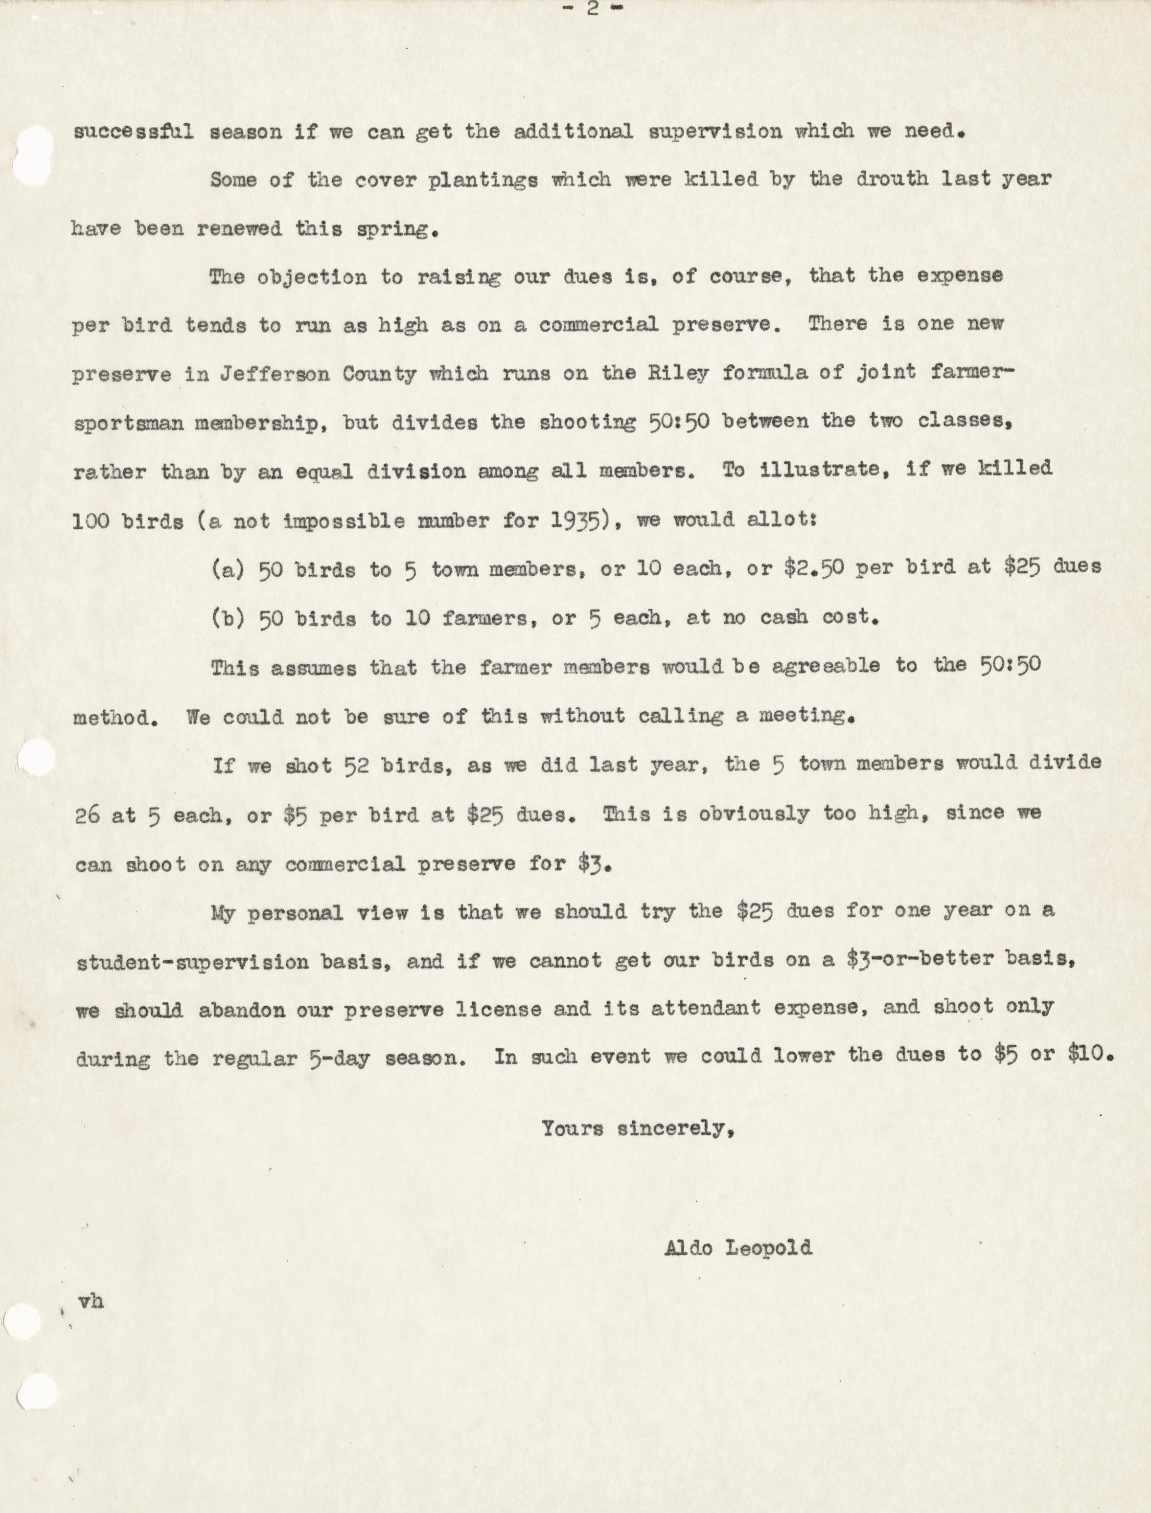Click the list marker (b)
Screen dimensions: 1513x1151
228,618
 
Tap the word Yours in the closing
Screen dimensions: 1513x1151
572,1128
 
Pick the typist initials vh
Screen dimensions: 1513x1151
91,1301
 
